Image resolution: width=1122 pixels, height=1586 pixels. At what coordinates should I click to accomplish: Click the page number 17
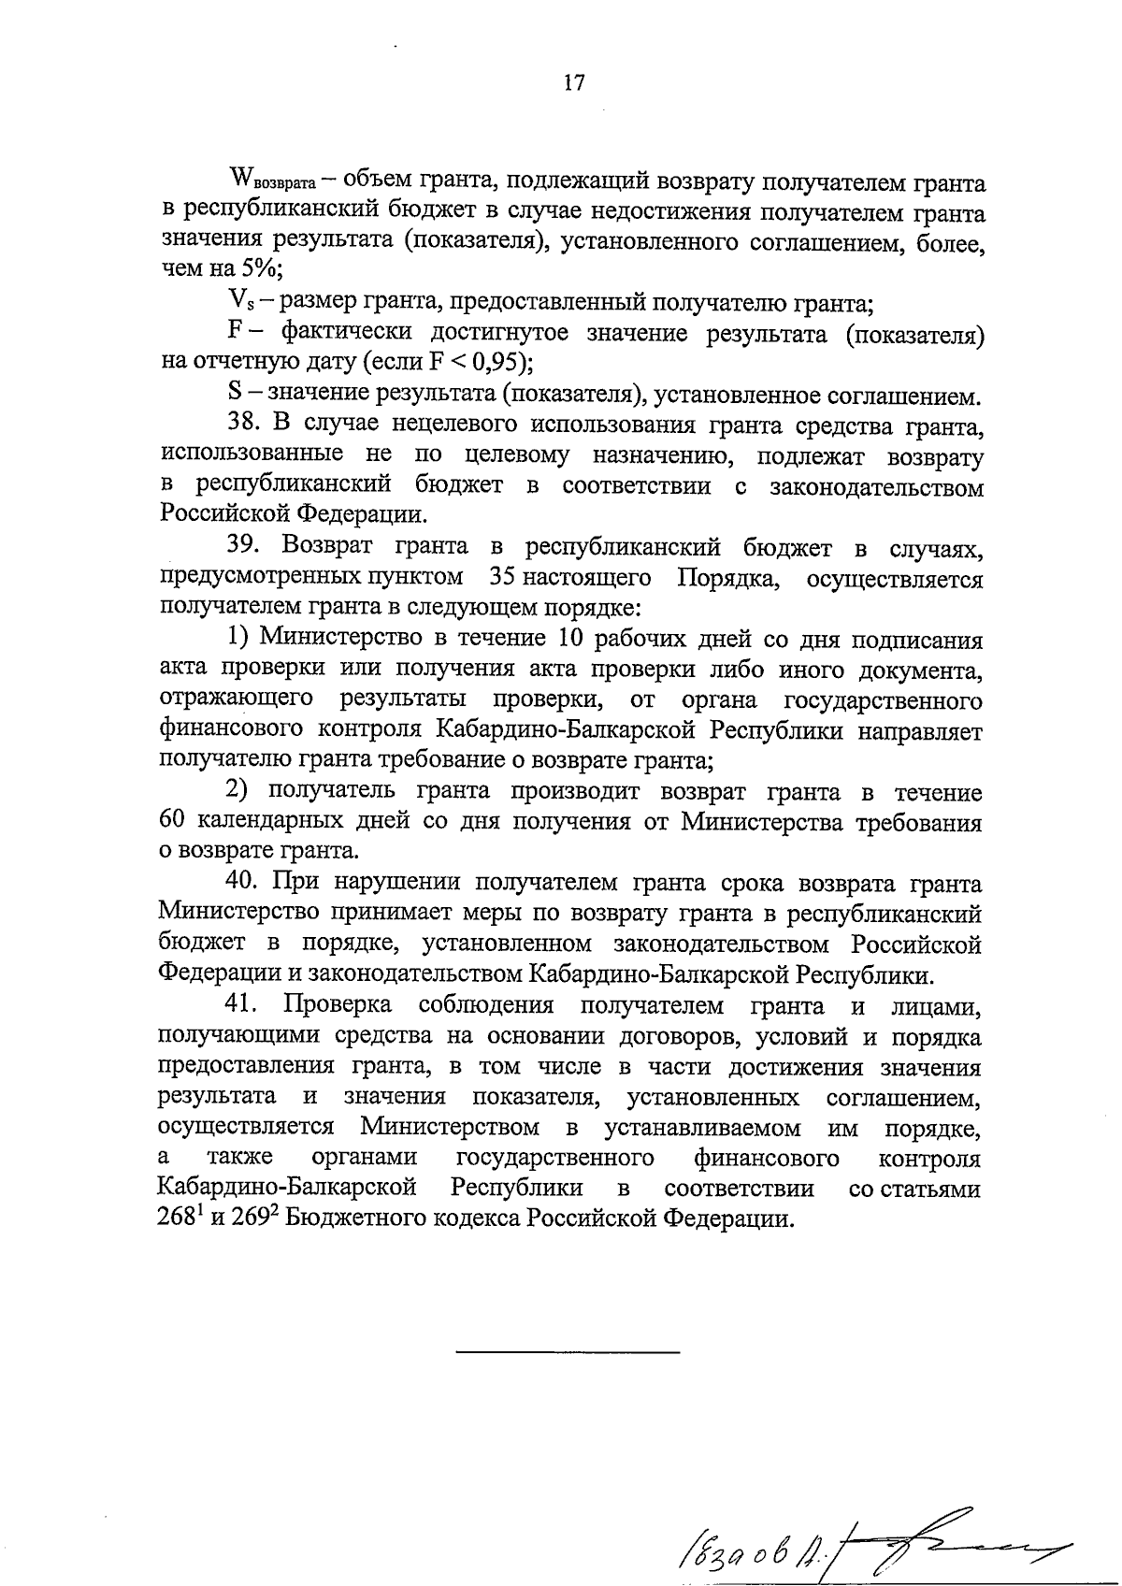[574, 83]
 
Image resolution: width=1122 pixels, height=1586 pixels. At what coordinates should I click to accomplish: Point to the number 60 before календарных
[175, 822]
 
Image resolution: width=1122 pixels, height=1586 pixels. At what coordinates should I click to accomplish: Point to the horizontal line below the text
[568, 1352]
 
